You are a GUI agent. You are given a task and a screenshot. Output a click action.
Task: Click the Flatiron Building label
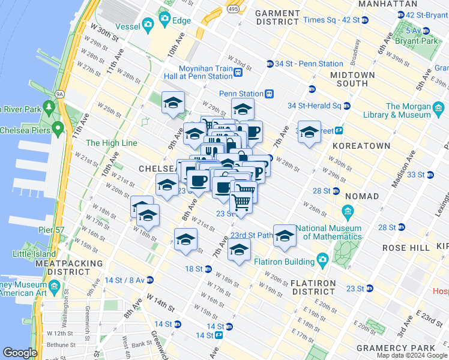click(282, 262)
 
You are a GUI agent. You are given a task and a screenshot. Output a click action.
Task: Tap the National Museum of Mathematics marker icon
click(348, 212)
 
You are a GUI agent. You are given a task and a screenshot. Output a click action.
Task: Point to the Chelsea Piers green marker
click(58, 128)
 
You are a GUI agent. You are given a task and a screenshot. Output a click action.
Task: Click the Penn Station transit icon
click(270, 94)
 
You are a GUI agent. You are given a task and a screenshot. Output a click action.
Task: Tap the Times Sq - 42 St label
click(331, 20)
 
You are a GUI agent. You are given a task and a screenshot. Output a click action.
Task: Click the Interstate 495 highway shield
click(232, 9)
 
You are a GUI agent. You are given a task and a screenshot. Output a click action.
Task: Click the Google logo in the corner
click(20, 352)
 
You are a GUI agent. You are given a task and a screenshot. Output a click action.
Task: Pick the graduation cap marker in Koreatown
click(309, 133)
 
